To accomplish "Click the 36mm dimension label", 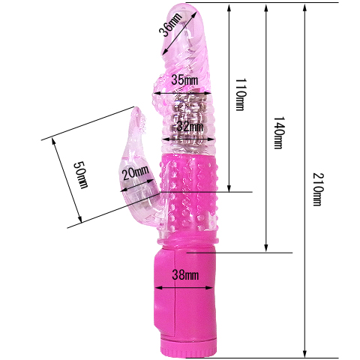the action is point(170,24).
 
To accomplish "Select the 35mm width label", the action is point(184,80).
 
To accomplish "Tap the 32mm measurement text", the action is point(190,127).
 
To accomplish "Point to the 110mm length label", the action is point(241,94).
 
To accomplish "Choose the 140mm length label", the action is point(279,133).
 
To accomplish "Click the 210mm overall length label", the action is point(318,189).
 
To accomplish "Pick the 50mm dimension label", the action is point(81,175).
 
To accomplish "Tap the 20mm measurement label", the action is point(136,172).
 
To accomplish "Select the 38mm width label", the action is point(185,275).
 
